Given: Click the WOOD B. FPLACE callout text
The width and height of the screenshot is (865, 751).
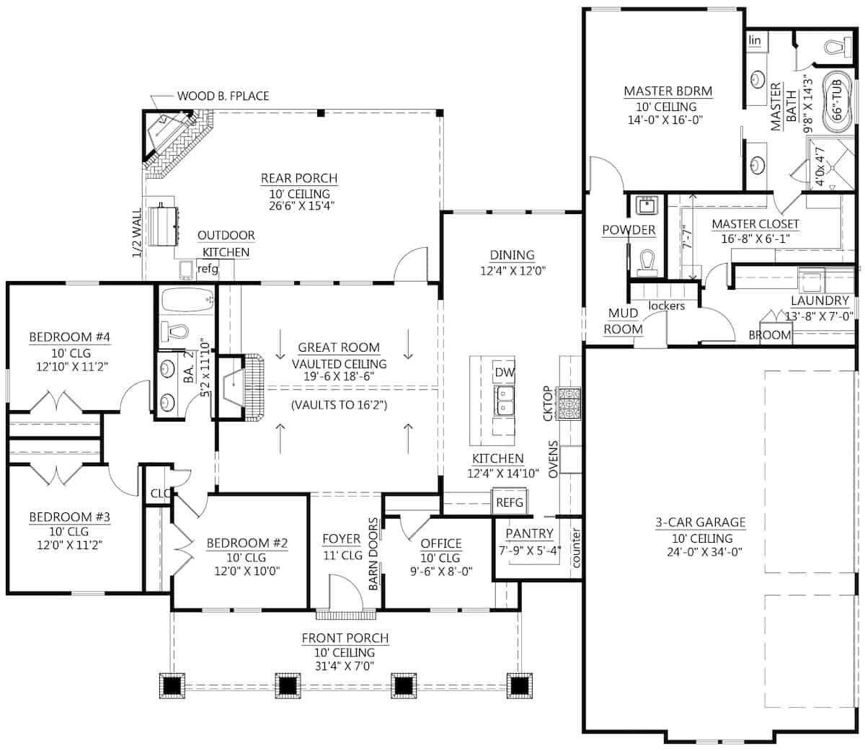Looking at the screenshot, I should pyautogui.click(x=223, y=96).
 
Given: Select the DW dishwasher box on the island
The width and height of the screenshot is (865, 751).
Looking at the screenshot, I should pyautogui.click(x=504, y=373).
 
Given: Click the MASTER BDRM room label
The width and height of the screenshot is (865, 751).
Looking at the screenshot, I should pyautogui.click(x=667, y=92).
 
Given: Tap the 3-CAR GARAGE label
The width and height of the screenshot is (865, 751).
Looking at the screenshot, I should pyautogui.click(x=701, y=523).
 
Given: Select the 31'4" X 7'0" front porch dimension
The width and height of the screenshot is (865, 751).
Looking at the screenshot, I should pyautogui.click(x=345, y=666).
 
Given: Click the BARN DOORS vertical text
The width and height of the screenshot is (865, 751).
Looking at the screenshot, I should pyautogui.click(x=373, y=554).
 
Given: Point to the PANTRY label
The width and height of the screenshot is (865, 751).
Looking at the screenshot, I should pyautogui.click(x=529, y=533).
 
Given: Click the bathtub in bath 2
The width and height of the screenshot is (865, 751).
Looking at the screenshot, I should pyautogui.click(x=187, y=299).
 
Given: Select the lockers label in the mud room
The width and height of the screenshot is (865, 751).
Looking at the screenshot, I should pyautogui.click(x=666, y=306).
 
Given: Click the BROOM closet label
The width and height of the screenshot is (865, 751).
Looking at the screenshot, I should pyautogui.click(x=769, y=335).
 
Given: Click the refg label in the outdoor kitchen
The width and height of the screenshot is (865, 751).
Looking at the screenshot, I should pyautogui.click(x=208, y=269).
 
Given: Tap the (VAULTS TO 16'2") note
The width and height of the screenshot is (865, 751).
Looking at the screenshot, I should pyautogui.click(x=340, y=405).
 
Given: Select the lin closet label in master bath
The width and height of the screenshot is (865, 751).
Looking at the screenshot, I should pyautogui.click(x=755, y=40).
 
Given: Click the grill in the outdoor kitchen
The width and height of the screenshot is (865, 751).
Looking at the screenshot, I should pyautogui.click(x=164, y=224).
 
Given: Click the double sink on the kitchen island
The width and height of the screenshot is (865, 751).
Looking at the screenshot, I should pyautogui.click(x=504, y=400).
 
